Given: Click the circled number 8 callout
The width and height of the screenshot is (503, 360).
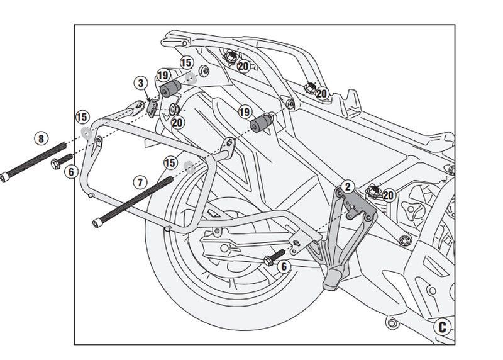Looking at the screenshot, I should (x=41, y=138).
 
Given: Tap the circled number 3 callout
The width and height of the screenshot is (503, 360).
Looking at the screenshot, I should (x=140, y=83).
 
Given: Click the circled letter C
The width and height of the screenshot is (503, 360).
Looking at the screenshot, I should (x=443, y=327).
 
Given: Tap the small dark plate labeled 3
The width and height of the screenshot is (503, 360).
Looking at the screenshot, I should (x=153, y=108).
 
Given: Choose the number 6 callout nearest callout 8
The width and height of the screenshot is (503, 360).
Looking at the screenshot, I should (x=70, y=171).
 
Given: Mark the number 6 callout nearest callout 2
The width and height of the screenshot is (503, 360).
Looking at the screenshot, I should (x=284, y=267).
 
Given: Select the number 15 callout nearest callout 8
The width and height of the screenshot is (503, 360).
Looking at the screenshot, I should (x=81, y=116).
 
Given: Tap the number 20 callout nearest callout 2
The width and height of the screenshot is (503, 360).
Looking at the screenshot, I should (x=388, y=195).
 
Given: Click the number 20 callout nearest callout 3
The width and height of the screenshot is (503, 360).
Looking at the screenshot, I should (x=177, y=122).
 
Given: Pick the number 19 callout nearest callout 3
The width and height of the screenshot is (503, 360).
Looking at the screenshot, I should (x=163, y=75).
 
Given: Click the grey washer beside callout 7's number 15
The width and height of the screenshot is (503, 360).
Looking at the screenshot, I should (x=189, y=167).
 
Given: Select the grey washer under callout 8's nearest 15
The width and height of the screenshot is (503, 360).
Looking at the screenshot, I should (x=86, y=132).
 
